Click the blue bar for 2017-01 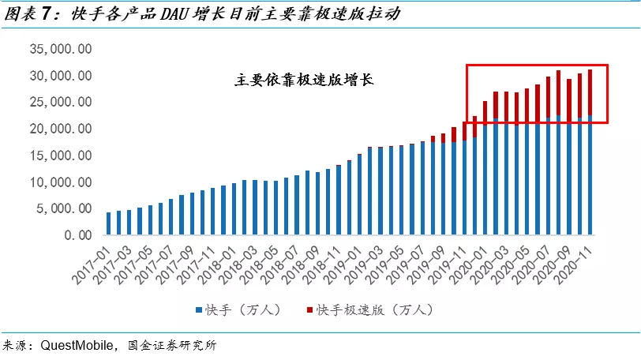(x=109, y=223)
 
